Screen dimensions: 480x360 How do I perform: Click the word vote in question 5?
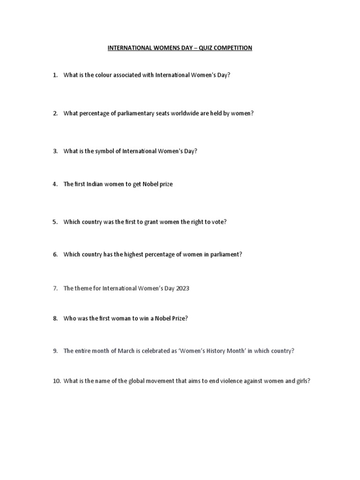217,222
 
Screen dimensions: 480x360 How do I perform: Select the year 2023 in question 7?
181,288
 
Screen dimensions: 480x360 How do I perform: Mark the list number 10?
56,381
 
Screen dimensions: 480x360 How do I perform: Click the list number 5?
55,222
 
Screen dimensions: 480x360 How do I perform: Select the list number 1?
55,75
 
